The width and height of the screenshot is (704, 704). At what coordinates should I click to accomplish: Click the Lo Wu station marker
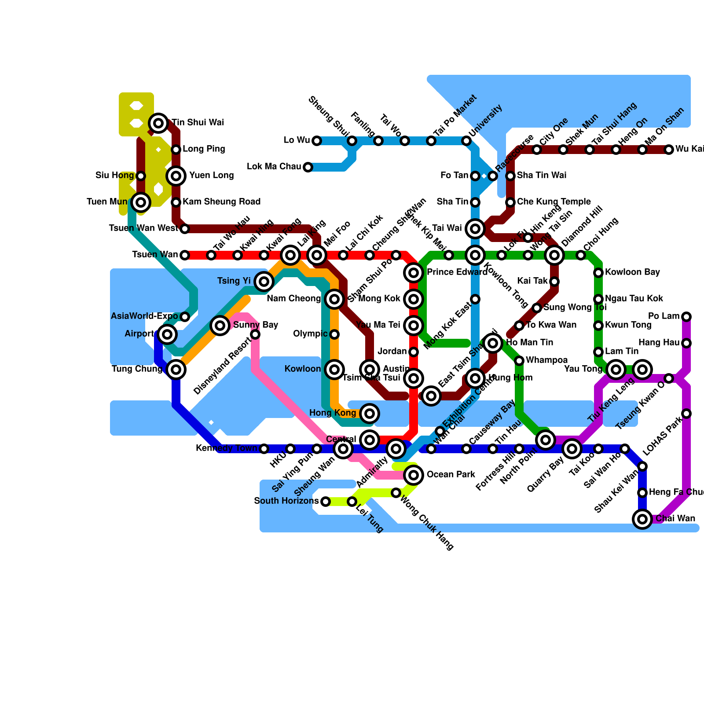317,141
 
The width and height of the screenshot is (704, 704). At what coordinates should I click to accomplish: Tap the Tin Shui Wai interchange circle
158,123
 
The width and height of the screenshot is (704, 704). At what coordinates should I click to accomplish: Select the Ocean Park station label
451,475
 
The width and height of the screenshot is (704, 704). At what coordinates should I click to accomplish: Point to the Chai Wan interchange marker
642,519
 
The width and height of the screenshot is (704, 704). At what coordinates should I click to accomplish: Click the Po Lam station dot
686,317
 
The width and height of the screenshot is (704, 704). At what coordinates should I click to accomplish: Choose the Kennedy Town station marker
264,449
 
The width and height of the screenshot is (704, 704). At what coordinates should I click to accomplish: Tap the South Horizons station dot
326,502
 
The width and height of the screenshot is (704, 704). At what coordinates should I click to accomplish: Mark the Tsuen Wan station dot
185,255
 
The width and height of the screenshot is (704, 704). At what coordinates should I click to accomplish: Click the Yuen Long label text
211,176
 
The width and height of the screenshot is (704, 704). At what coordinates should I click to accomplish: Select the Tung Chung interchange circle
176,370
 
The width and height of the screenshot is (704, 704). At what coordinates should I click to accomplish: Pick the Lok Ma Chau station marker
308,167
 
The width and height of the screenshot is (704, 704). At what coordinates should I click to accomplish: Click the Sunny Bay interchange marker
220,326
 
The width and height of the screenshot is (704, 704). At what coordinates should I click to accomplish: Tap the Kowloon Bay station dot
598,273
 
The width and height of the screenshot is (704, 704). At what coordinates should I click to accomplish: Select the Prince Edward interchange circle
414,273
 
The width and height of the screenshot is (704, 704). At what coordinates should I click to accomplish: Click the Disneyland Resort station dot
255,335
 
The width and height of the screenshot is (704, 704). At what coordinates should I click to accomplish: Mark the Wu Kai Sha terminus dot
669,150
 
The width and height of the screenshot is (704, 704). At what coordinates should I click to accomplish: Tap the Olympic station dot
334,334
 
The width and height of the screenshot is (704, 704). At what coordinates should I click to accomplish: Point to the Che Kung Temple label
554,202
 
